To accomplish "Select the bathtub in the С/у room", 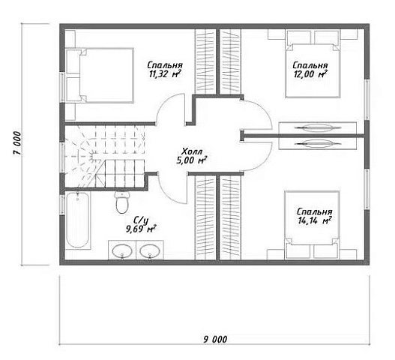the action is click(78, 220).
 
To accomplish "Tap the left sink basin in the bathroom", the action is click(122, 251).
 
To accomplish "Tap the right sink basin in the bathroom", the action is click(150, 251).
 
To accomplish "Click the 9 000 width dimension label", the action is click(215, 339).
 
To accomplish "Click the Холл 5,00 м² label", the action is click(192, 156).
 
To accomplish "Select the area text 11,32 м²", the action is click(165, 74).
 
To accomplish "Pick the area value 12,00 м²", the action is click(310, 74).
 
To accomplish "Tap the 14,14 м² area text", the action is click(315, 220).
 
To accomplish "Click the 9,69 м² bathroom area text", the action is click(141, 229).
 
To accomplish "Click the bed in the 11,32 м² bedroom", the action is click(100, 75).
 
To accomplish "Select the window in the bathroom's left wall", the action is click(62, 205).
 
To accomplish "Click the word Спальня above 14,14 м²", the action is click(315, 211).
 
